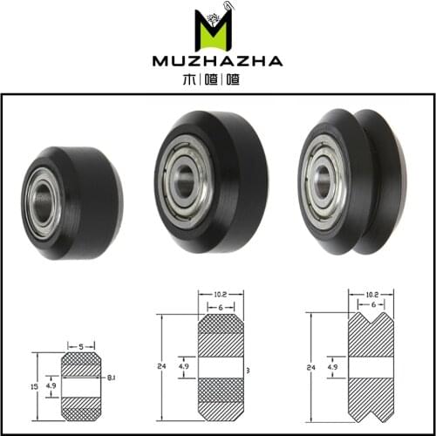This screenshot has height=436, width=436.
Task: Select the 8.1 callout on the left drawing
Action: click(112, 377)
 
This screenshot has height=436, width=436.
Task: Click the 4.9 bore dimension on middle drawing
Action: click(183, 367)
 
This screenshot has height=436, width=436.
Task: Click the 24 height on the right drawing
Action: click(312, 367)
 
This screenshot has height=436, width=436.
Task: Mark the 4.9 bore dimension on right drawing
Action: click(332, 367)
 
